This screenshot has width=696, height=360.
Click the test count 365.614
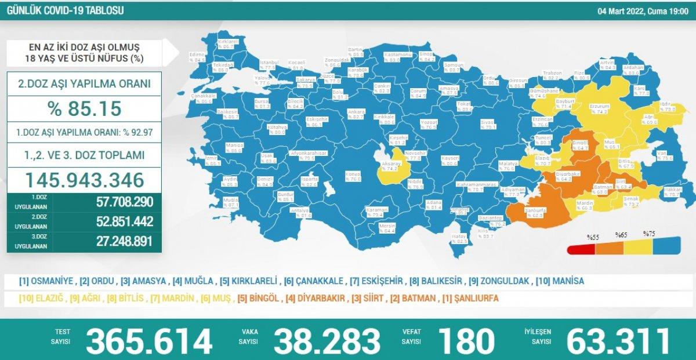[149, 341]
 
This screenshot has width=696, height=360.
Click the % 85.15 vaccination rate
[84, 108]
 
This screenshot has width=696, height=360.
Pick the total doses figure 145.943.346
[84, 180]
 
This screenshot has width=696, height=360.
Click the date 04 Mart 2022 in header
[618, 10]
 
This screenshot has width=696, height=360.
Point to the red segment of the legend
[581, 250]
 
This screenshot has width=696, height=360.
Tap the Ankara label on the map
[355, 111]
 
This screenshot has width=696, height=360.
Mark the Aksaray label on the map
[390, 164]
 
